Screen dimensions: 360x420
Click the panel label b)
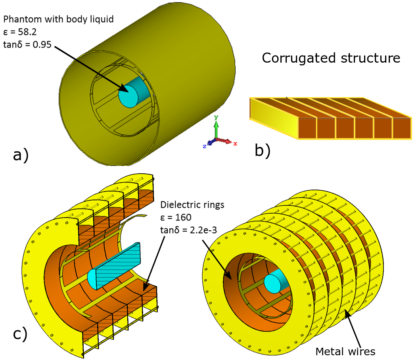262,151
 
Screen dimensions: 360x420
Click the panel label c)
20,334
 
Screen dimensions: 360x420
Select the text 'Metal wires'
345,351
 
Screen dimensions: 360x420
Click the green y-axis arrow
216,127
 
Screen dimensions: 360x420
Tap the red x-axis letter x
235,144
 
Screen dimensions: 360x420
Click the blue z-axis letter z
204,146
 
